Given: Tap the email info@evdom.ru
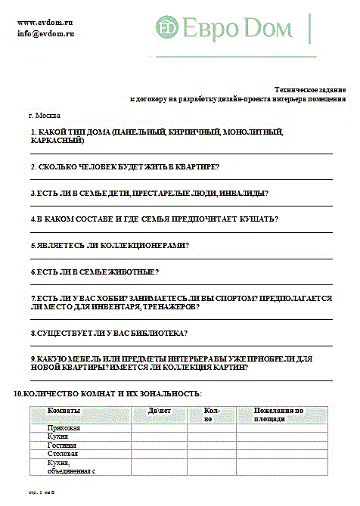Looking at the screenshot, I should point(46,34).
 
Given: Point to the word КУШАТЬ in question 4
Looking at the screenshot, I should point(257,219).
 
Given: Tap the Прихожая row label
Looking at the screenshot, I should point(64,428).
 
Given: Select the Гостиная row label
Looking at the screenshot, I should point(63,446).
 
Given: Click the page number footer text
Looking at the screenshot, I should point(42,492).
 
